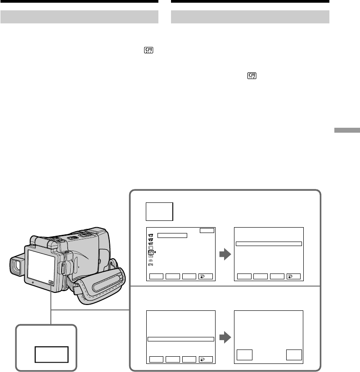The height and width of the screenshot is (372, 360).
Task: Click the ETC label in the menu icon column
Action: [151, 265]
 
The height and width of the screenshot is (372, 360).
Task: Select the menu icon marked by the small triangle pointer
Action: [151, 252]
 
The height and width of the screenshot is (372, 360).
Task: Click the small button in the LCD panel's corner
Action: [50, 283]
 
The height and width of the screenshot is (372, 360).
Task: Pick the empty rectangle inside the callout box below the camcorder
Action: [52, 354]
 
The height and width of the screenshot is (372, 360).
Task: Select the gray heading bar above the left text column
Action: [79, 17]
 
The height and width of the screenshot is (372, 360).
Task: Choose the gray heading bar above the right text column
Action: [251, 17]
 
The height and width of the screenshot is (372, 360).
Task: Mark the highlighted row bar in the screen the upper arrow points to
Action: [268, 244]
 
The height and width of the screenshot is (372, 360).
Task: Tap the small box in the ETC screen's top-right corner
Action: [207, 230]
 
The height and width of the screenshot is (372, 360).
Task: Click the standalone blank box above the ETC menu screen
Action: [159, 211]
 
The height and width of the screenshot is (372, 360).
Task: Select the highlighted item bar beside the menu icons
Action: [172, 235]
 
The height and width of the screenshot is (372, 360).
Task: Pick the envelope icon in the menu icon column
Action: [151, 256]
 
